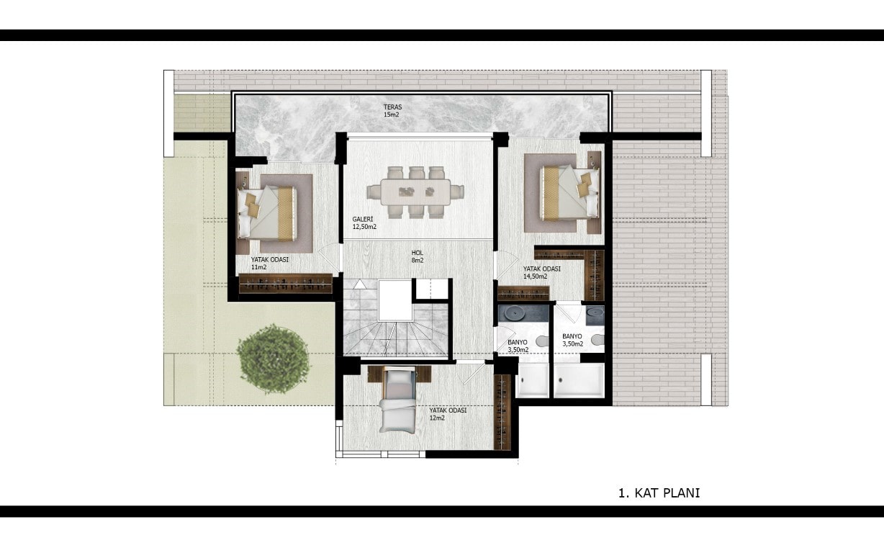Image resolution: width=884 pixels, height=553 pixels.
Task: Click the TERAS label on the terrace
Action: coord(392,107)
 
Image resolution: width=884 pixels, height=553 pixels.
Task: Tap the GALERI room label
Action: coord(362,219)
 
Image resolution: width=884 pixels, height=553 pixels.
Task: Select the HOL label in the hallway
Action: coord(417,253)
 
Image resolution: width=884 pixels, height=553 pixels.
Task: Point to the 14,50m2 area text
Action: coord(535,276)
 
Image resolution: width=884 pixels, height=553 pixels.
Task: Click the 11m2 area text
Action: coord(259,267)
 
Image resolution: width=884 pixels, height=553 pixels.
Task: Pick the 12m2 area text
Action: coord(437,418)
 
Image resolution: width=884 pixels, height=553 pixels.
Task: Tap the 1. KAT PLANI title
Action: coord(659,493)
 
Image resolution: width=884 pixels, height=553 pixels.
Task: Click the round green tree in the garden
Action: coord(273,359)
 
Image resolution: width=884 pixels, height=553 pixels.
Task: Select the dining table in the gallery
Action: coord(415,192)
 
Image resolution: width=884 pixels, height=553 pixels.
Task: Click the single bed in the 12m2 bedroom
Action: coord(398,400)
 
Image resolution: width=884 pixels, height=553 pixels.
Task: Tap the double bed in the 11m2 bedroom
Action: coord(267,214)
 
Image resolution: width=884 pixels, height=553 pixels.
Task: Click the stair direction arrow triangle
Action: coord(359,284)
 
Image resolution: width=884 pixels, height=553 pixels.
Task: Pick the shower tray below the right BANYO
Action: coord(579,380)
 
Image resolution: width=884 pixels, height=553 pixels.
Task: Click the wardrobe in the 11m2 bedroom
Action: coord(286,284)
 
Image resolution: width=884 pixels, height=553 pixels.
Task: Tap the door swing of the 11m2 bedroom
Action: coord(329,258)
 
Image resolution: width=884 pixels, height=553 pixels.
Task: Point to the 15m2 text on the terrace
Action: coord(392,115)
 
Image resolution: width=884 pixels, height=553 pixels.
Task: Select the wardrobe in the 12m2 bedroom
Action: coord(502,412)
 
